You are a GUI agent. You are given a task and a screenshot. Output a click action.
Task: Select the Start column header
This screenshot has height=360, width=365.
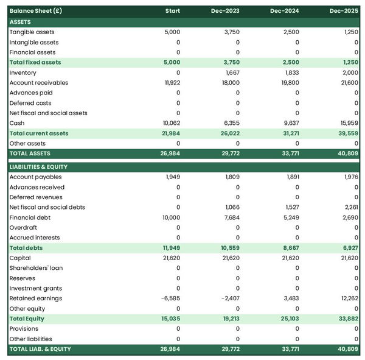point(173,11)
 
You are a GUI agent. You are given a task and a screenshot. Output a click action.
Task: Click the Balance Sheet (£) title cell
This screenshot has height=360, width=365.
point(35,11)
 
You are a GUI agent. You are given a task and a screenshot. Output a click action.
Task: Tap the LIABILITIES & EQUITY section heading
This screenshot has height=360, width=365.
point(38,166)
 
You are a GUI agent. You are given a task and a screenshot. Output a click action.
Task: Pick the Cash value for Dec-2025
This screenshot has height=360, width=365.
point(348,123)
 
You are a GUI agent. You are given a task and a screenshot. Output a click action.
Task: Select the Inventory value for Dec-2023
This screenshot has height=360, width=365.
point(232,72)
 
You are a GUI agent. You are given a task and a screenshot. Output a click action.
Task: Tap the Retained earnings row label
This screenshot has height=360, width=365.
point(35,298)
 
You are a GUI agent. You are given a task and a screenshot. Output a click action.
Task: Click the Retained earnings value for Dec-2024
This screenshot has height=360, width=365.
point(291,298)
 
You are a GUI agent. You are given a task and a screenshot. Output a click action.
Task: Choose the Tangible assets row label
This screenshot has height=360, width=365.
point(32,32)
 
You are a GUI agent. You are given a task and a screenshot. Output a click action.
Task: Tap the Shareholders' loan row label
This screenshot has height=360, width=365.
point(36,268)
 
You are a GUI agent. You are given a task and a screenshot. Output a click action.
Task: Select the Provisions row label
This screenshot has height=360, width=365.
point(24,329)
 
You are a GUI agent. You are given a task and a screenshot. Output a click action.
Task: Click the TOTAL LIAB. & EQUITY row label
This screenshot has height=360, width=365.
point(40,349)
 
